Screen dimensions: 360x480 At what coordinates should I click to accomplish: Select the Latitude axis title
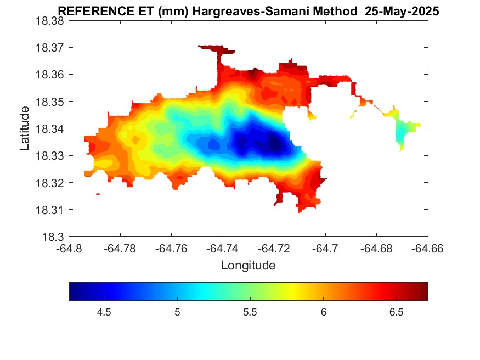coord(25,129)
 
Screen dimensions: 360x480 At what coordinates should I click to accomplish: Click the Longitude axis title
coord(248,266)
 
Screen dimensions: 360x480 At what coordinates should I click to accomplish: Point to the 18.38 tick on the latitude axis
coord(50,20)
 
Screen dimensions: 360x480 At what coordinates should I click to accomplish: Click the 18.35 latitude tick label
coord(50,102)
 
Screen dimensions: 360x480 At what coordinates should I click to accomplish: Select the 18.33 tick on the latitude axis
coord(50,156)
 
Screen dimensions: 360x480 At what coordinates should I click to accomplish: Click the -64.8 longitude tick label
coord(69,249)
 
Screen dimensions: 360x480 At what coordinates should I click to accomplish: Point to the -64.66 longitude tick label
coord(428,249)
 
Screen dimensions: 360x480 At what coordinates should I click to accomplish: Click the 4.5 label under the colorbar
coord(104,312)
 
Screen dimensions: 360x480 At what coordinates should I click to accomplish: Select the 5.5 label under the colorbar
coord(250,312)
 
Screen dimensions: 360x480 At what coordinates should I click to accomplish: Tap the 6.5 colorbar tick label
coord(397,312)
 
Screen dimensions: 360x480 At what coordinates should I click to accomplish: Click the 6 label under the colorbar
coord(324,312)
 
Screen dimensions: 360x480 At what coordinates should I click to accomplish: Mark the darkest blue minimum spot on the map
coord(274,145)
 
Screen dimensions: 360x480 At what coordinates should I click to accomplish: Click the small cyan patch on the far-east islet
coord(400,134)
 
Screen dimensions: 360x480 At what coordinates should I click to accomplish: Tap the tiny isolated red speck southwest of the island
coord(98,194)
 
